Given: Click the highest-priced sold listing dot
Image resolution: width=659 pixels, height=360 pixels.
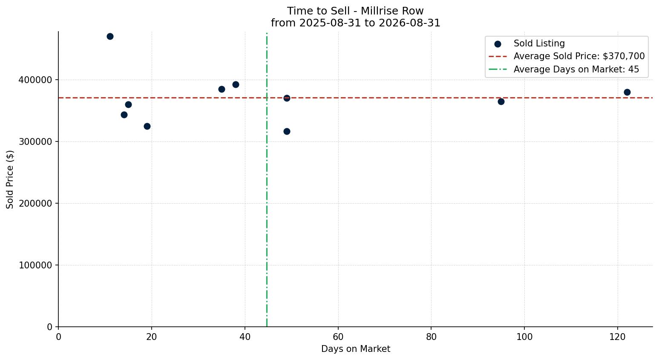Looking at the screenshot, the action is [110, 37].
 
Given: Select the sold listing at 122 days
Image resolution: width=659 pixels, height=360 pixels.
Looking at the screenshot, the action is [627, 92].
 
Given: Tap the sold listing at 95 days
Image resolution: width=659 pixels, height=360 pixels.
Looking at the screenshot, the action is [501, 101].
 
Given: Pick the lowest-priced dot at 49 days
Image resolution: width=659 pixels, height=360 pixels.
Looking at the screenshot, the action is [287, 131].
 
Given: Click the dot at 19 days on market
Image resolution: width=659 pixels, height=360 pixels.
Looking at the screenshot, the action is [147, 126].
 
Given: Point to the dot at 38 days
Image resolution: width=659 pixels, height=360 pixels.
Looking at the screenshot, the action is [236, 84].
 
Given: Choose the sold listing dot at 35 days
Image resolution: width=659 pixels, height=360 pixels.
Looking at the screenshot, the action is [222, 89].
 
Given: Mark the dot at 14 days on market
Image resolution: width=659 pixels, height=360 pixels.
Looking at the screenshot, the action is [124, 115].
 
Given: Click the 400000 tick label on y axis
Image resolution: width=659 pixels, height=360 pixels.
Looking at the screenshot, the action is [35, 80].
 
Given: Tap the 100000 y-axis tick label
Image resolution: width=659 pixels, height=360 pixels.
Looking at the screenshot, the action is [35, 265].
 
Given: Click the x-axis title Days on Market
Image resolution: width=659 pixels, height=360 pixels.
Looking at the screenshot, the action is [355, 349].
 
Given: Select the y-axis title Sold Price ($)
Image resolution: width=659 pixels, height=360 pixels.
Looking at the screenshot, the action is [10, 179].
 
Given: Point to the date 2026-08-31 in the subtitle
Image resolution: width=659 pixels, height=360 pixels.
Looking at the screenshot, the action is [409, 23].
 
